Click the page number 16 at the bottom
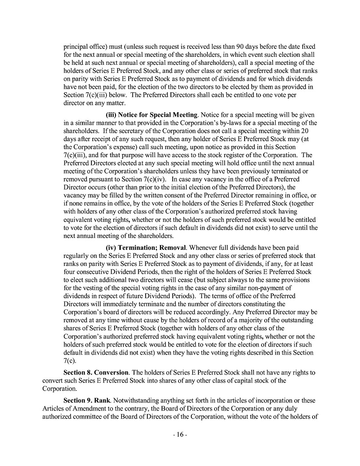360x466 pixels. [180, 435]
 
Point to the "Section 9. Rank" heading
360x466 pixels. [87, 400]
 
